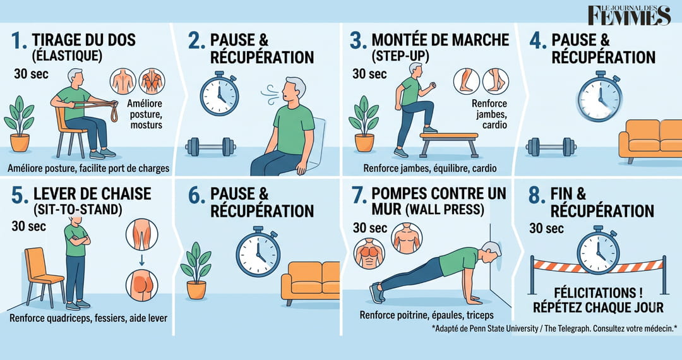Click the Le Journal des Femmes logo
click(x=630, y=16)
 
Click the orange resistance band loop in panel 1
click(x=114, y=112)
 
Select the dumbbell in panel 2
click(x=210, y=147)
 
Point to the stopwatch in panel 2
click(x=219, y=94)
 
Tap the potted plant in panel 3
click(x=364, y=124)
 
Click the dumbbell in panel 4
click(x=551, y=147)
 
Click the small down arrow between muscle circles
click(x=141, y=260)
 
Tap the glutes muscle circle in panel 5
click(x=142, y=285)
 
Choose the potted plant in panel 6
click(x=196, y=270)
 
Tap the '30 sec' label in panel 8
click(x=546, y=228)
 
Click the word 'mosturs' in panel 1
click(x=146, y=125)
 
